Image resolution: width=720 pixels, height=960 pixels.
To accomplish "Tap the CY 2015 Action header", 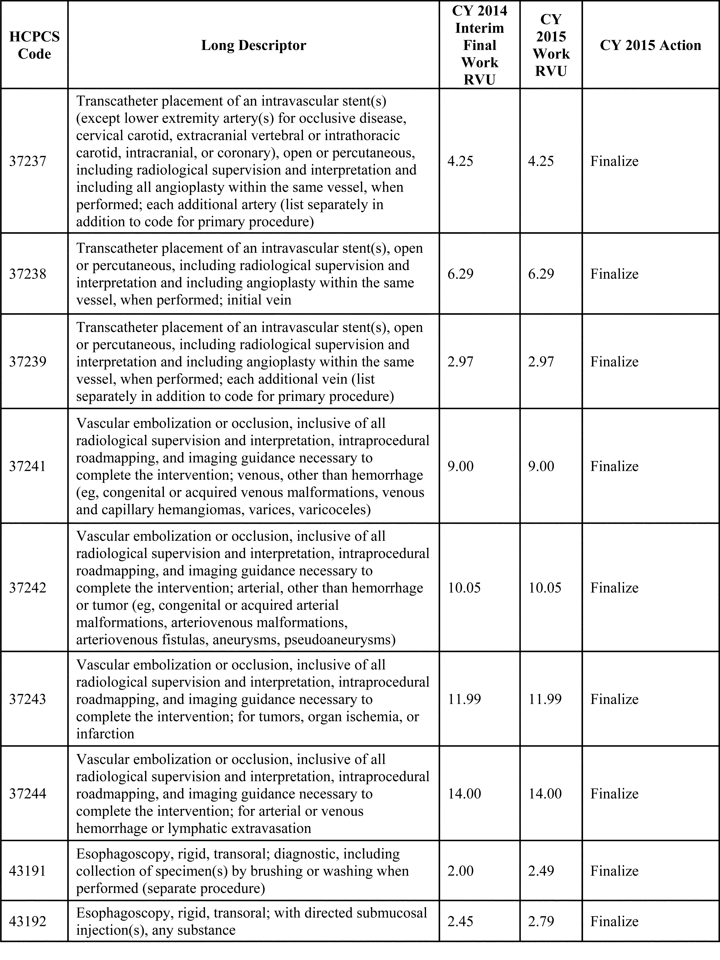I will (x=650, y=45).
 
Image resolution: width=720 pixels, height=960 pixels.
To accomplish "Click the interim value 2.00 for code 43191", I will (x=460, y=871).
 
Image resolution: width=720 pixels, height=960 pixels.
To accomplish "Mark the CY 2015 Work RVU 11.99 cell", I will (x=545, y=699).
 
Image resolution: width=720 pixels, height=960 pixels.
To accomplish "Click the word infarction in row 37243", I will (x=105, y=734).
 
